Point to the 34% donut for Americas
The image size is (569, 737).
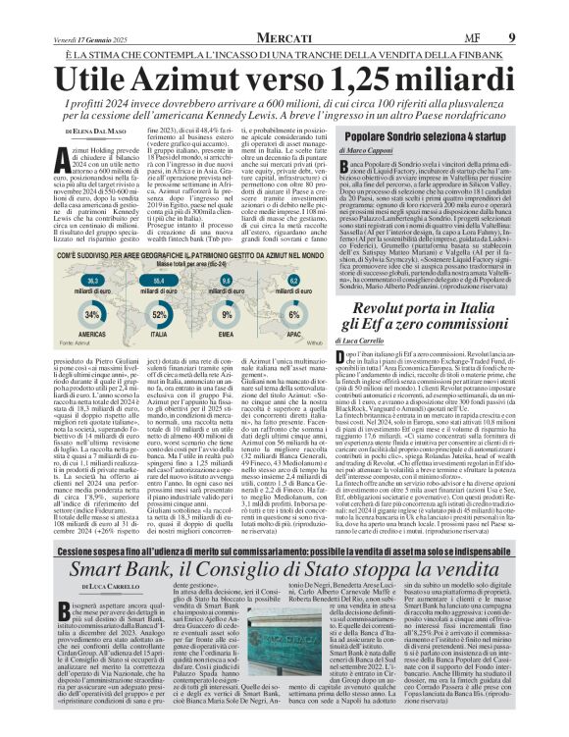tap(93, 314)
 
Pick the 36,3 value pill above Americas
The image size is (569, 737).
tap(91, 281)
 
